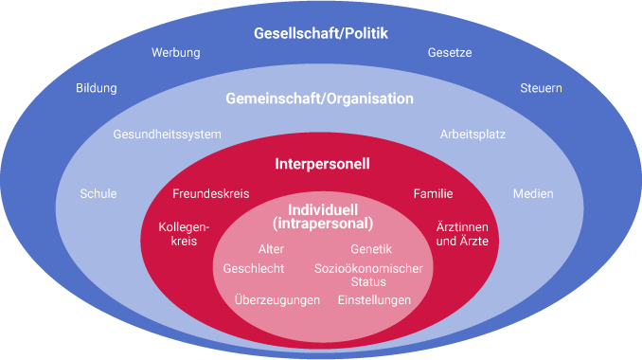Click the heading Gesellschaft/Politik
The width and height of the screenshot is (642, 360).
[x=321, y=34]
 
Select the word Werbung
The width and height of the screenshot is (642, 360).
[x=176, y=53]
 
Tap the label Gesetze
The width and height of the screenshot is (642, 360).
[x=449, y=53]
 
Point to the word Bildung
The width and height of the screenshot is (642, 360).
[x=97, y=89]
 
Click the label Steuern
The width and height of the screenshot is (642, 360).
[x=541, y=89]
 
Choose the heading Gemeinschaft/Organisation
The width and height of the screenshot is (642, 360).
[x=319, y=99]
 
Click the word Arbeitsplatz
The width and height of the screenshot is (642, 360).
[x=473, y=135]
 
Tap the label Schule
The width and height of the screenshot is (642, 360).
[x=98, y=194]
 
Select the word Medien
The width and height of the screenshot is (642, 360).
[x=533, y=194]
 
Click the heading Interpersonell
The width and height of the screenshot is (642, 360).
[x=322, y=164]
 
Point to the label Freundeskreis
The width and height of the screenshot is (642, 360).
[x=211, y=194]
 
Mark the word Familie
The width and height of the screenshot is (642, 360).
[x=433, y=194]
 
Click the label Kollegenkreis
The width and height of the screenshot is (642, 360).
[x=184, y=235]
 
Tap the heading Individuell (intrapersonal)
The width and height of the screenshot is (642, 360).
[x=322, y=217]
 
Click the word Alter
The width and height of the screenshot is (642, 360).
[x=271, y=249]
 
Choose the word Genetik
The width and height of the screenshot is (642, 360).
[x=371, y=249]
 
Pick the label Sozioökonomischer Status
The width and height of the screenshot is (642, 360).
[x=368, y=275]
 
